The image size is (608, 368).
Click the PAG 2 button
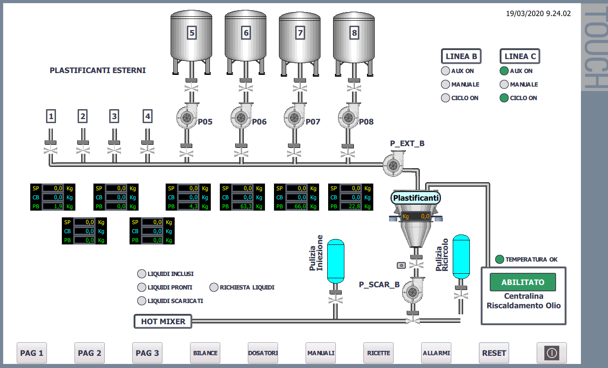pyautogui.click(x=89, y=353)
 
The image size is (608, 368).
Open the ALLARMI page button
pyautogui.click(x=436, y=353)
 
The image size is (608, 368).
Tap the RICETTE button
pyautogui.click(x=379, y=353)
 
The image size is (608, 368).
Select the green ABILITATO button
pyautogui.click(x=523, y=282)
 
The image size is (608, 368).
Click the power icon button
pyautogui.click(x=552, y=353)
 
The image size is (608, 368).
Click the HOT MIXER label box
pyautogui.click(x=163, y=322)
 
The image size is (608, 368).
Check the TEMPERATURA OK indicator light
pyautogui.click(x=500, y=259)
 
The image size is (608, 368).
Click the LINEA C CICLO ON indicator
pyautogui.click(x=504, y=98)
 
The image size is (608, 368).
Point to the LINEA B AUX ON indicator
pyautogui.click(x=445, y=71)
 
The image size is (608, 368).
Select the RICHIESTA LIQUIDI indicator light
pyautogui.click(x=214, y=287)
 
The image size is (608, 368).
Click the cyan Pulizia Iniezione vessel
pyautogui.click(x=335, y=261)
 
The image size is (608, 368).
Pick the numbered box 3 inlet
pyautogui.click(x=114, y=116)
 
